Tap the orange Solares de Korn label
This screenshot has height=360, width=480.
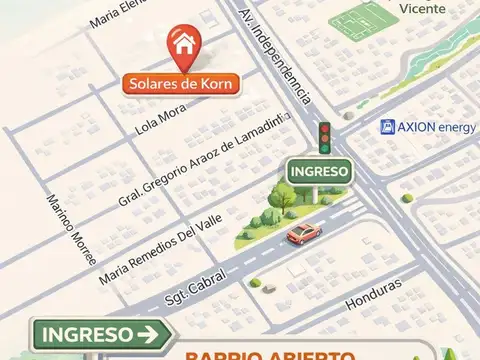tap(180, 84)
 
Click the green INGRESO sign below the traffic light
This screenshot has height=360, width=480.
tap(320, 171)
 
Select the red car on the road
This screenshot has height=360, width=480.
tap(304, 234)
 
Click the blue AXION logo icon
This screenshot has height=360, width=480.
tap(386, 127)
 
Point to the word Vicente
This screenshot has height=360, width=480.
tap(421, 8)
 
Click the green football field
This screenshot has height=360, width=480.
tap(363, 20)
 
